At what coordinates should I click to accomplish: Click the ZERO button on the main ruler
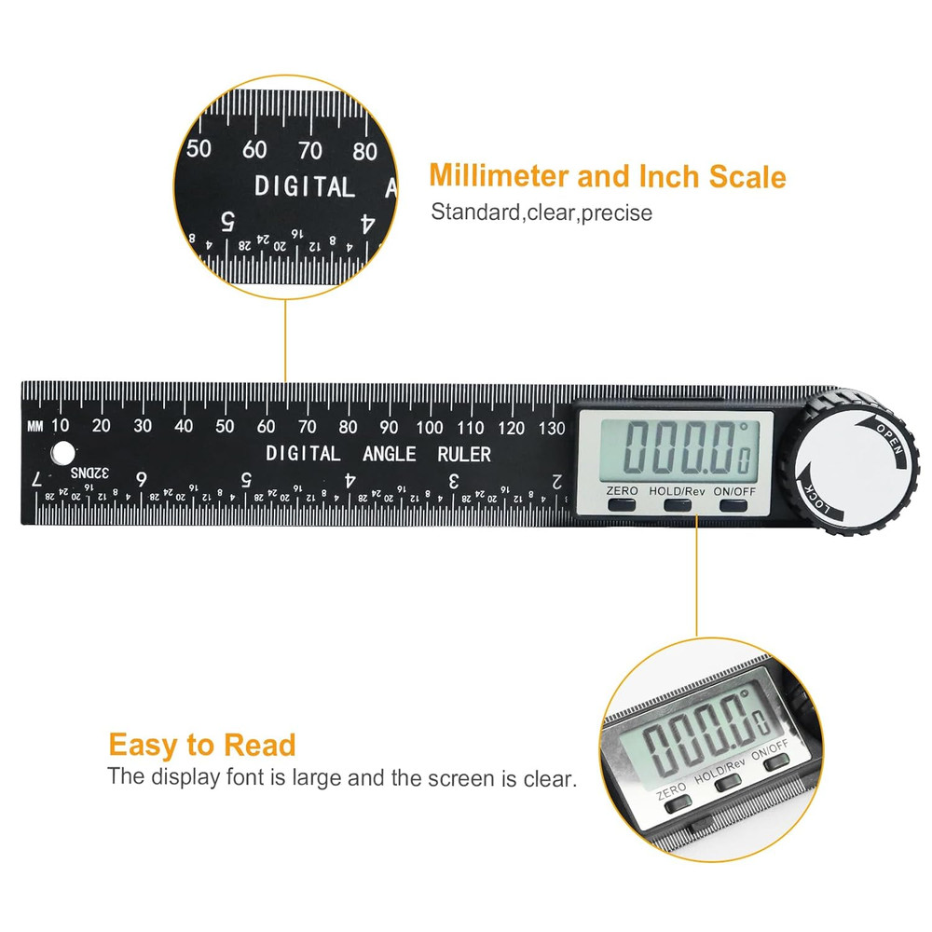click(x=622, y=504)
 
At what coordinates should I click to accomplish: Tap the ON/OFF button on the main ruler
click(x=733, y=504)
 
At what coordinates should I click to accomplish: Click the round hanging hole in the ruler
click(x=62, y=453)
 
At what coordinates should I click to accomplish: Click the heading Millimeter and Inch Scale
click(x=607, y=176)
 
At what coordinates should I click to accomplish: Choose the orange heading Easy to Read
click(x=202, y=745)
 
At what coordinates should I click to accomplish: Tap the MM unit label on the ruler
click(x=35, y=427)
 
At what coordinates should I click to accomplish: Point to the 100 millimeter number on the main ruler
click(x=430, y=428)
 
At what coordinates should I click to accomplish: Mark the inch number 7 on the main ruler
click(x=36, y=479)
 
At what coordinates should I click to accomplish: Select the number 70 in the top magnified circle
click(x=309, y=149)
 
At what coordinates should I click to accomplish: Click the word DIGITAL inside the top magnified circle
click(x=305, y=186)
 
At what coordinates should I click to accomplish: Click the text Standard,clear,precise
click(x=541, y=212)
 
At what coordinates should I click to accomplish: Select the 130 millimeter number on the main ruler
click(x=553, y=428)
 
